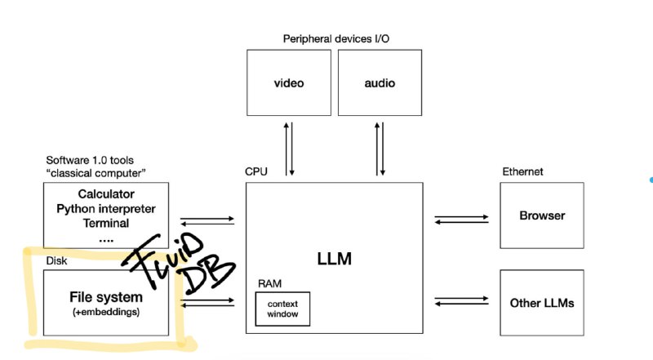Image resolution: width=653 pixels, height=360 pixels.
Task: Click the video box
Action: click(289, 82)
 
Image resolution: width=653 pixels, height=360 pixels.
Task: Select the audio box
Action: click(380, 82)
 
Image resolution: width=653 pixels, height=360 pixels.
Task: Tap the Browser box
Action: click(542, 216)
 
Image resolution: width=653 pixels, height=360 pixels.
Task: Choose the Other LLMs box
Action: click(542, 303)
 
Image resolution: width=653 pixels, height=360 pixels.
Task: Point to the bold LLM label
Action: click(334, 259)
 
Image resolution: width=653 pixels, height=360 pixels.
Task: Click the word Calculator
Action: click(106, 194)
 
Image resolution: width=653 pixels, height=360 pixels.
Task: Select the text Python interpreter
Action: click(106, 208)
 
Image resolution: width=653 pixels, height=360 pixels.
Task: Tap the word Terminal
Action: click(106, 222)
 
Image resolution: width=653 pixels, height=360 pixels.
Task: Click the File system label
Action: click(105, 296)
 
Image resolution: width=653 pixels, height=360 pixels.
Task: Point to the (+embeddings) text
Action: click(105, 311)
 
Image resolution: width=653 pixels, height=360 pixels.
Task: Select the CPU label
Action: click(255, 172)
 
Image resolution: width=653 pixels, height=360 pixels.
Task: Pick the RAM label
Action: click(269, 283)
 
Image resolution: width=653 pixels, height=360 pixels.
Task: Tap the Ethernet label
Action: click(522, 172)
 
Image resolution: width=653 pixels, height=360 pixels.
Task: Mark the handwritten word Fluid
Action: click(167, 251)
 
